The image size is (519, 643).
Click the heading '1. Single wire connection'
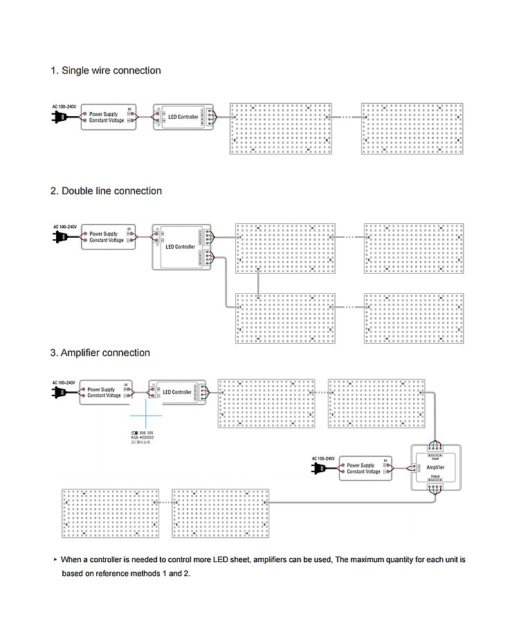click(x=105, y=71)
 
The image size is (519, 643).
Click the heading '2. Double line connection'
click(x=106, y=191)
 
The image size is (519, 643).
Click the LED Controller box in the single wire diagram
click(x=183, y=117)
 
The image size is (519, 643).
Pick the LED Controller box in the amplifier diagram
click(x=179, y=392)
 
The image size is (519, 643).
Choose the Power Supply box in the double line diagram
click(x=109, y=237)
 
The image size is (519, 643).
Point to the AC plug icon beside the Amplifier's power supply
click(x=319, y=468)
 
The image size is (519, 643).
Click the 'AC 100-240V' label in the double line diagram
click(x=65, y=227)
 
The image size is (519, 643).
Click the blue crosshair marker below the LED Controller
click(x=146, y=416)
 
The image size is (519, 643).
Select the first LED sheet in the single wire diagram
click(x=281, y=129)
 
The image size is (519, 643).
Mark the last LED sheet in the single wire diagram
click(x=412, y=129)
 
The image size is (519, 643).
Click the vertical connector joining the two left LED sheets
click(x=258, y=281)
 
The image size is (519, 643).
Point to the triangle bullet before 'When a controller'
click(x=55, y=559)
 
